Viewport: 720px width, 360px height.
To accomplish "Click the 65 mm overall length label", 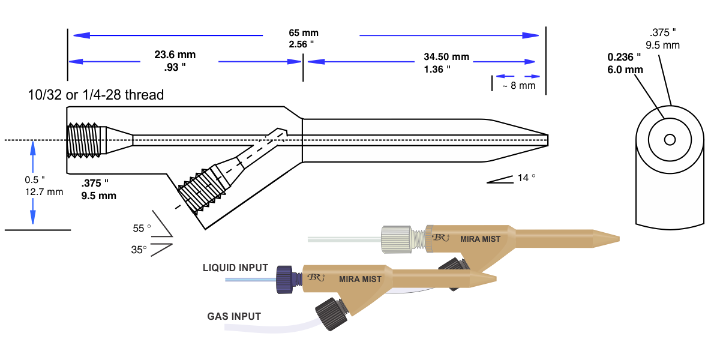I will pyautogui.click(x=303, y=32).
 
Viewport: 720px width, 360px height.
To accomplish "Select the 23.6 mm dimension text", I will pyautogui.click(x=175, y=55).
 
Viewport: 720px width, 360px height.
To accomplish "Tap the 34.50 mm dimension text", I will pyautogui.click(x=446, y=57).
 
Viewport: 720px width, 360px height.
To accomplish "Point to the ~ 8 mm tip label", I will pyautogui.click(x=518, y=86).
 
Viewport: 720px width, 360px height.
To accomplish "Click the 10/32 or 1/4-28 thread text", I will pyautogui.click(x=95, y=95).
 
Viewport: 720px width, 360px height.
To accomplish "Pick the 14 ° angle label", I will pyautogui.click(x=526, y=178).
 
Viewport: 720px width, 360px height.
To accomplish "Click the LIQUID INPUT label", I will pyautogui.click(x=235, y=268).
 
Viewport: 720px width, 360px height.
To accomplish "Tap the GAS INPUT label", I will pyautogui.click(x=234, y=316).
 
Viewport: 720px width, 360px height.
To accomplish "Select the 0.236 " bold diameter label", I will pyautogui.click(x=624, y=57).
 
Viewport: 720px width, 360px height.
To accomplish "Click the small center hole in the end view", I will pyautogui.click(x=670, y=140).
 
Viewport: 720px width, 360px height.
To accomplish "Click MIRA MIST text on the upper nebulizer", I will pyautogui.click(x=480, y=239).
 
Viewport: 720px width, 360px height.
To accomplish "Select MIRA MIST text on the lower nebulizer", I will pyautogui.click(x=360, y=279).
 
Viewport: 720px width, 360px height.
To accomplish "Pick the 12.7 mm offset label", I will pyautogui.click(x=43, y=193).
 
